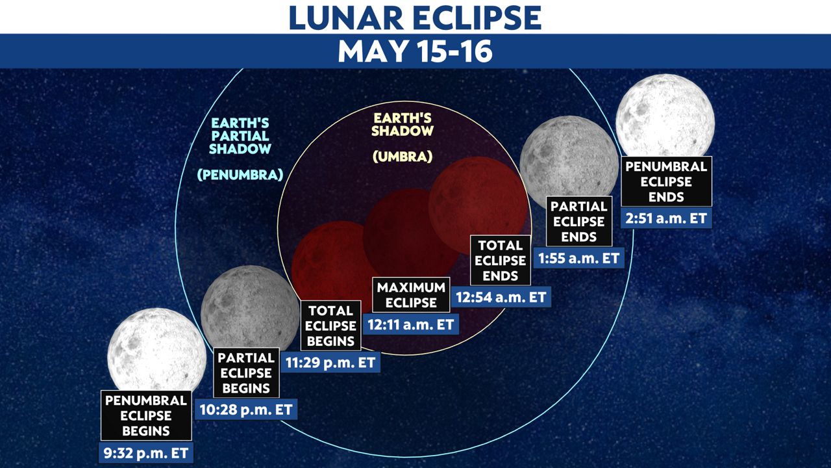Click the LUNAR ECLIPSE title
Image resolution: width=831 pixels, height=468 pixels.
[x=415, y=18]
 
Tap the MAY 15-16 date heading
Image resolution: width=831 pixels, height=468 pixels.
[x=415, y=51]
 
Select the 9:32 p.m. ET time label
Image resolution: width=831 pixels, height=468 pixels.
[x=146, y=453]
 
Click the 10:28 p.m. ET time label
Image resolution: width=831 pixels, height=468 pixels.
[x=246, y=409]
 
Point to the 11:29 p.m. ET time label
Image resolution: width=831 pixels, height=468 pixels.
[x=330, y=362]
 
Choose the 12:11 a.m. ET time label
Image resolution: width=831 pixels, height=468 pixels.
[x=411, y=324]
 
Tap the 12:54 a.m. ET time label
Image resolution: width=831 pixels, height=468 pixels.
[x=501, y=297]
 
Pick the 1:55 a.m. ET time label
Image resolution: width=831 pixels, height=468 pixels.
[x=579, y=258]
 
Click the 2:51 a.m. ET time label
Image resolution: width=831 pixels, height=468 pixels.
[x=666, y=218]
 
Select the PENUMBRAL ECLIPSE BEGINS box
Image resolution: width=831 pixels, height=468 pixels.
[x=146, y=415]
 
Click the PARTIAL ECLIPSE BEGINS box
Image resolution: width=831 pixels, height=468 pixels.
[x=246, y=372]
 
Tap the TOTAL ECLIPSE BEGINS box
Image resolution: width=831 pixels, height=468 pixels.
[x=330, y=326]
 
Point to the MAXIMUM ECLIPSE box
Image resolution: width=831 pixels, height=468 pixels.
[x=411, y=294]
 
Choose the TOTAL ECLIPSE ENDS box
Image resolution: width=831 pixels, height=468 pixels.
[x=501, y=260]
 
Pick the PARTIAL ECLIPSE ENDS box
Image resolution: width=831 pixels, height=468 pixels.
[x=579, y=221]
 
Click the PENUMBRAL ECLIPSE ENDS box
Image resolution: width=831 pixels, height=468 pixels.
[x=666, y=181]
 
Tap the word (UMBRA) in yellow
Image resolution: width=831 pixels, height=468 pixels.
[x=403, y=157]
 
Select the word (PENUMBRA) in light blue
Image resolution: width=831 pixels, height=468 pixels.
[x=240, y=174]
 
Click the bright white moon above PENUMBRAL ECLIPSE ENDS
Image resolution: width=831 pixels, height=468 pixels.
[x=665, y=116]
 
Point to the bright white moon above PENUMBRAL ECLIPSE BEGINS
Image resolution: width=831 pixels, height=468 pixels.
[x=157, y=350]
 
